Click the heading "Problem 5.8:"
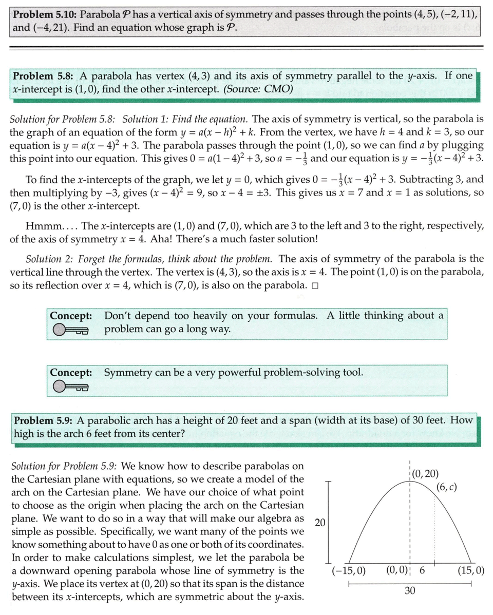click(43, 76)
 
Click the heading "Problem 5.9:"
click(45, 420)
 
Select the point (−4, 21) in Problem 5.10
click(46, 27)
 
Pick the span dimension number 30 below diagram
click(410, 591)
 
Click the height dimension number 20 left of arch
click(319, 523)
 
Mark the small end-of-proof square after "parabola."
click(315, 286)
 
